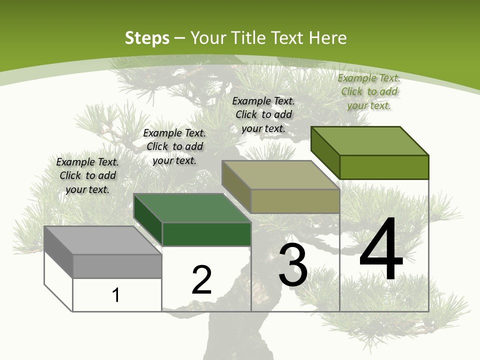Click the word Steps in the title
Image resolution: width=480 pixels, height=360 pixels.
click(147, 38)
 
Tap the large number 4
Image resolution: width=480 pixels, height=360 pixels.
click(381, 250)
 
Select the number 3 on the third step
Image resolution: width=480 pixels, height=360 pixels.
click(293, 265)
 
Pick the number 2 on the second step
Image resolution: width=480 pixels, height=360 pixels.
click(201, 280)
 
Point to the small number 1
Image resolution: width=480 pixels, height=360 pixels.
click(116, 295)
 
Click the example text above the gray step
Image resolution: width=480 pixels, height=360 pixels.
click(87, 175)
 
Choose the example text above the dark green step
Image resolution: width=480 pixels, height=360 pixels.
click(174, 146)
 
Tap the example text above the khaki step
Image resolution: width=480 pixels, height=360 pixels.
click(263, 114)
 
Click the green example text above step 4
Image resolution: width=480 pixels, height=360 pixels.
click(369, 91)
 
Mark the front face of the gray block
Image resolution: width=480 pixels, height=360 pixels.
click(117, 266)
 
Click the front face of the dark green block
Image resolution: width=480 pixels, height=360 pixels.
click(206, 234)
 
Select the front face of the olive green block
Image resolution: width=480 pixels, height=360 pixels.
click(384, 167)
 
